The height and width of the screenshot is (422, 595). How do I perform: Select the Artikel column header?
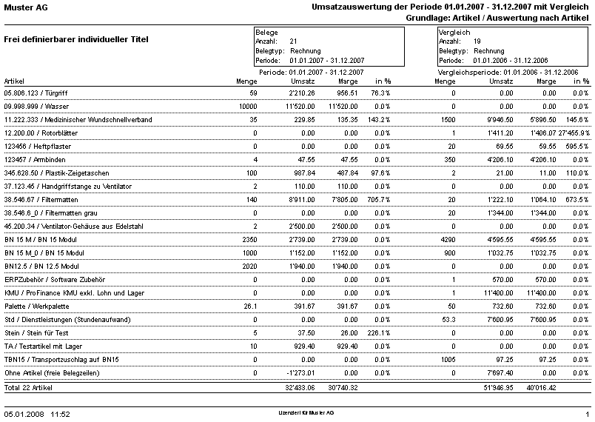[14, 81]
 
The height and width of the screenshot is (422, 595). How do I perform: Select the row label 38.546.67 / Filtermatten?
[42, 200]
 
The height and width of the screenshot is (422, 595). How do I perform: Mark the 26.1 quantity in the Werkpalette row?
[250, 306]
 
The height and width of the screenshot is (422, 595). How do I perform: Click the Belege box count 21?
[294, 41]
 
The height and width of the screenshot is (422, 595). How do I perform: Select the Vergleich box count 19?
[478, 41]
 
